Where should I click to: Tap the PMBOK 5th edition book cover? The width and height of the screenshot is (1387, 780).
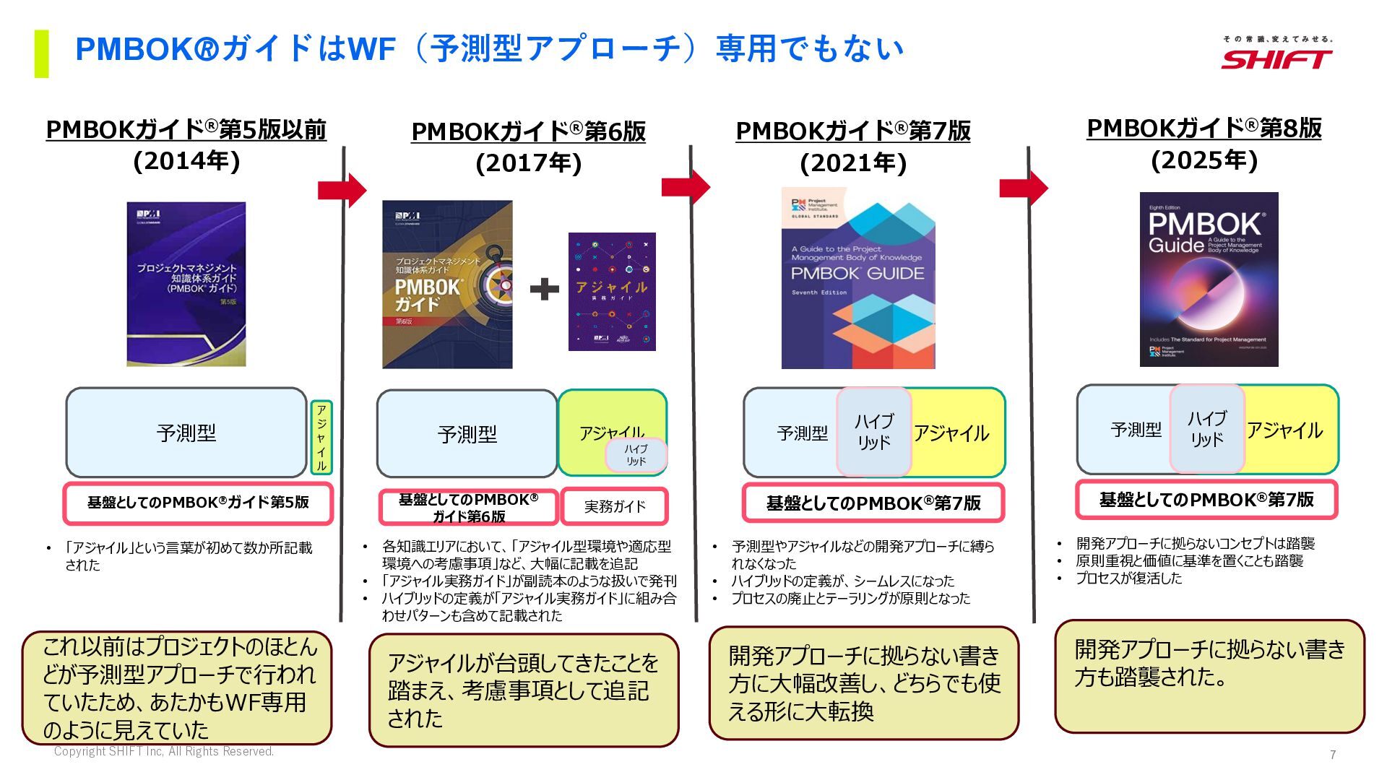pos(186,284)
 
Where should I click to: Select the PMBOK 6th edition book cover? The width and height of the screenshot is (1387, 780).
pos(447,285)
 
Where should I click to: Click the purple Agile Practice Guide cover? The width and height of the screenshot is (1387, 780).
pos(612,292)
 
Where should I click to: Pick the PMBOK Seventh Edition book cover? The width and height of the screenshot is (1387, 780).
pos(858,279)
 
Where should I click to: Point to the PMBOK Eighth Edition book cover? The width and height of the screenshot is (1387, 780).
pos(1209,279)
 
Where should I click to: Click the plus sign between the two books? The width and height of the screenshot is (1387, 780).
pos(544,289)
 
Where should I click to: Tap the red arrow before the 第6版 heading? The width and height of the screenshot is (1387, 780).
pos(342,190)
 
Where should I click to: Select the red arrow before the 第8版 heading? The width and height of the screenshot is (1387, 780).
pos(1024,188)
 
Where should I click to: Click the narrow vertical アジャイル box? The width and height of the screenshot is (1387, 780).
pos(321,438)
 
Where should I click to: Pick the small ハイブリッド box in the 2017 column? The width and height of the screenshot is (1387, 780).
pos(636,455)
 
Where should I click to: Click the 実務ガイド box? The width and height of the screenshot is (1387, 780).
pos(614,506)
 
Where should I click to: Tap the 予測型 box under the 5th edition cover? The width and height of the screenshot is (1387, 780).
pos(186,433)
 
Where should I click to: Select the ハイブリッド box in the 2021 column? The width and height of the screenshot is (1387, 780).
pos(873,432)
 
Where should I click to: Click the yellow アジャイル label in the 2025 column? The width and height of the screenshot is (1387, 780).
pos(1284,430)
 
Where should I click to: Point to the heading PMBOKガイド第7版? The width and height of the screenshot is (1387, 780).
pos(853,131)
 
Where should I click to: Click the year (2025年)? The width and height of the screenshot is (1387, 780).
pos(1204,160)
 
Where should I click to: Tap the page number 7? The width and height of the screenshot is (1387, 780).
pos(1333,755)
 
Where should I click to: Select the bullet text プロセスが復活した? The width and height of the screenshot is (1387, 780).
pos(1128,578)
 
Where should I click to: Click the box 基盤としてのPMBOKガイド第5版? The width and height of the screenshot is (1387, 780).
pos(198,503)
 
